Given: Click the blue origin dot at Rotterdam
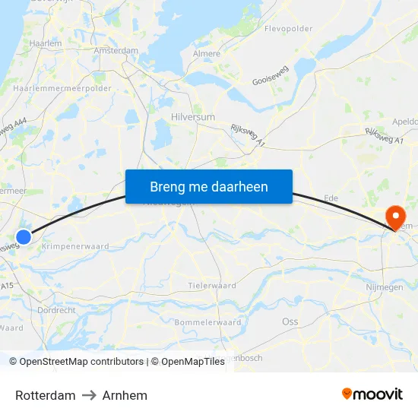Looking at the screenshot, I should tap(24, 237).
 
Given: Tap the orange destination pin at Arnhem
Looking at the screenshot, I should tap(395, 218).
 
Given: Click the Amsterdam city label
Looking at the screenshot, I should tap(116, 51).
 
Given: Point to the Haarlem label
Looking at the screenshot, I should tap(45, 44).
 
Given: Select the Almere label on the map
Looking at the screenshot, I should tap(207, 54).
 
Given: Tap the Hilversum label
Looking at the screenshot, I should tap(193, 117).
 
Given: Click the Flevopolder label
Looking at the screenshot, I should tap(288, 29).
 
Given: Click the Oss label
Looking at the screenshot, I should tap(290, 321).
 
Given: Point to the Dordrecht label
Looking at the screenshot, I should tap(56, 310).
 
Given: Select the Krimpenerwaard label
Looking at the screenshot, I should tap(75, 246).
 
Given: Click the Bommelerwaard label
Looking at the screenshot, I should tap(207, 322).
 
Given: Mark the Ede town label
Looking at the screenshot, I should tap(331, 198).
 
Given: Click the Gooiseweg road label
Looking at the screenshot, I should tap(270, 79).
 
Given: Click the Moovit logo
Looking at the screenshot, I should tap(372, 394).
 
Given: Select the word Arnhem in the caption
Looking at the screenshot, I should tap(125, 395).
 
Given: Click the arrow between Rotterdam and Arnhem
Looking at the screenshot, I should tap(89, 395).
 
